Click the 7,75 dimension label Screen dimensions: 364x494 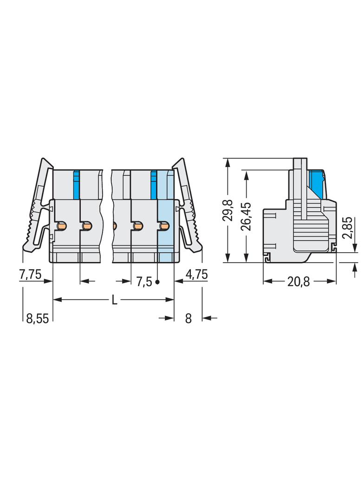30,274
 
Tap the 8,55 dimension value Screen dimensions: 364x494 38,318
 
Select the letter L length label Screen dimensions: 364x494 114,300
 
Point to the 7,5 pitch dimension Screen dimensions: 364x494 144,282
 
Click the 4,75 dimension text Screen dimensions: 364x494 196,274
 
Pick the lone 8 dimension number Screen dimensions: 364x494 188,318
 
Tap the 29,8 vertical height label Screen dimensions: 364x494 228,210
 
